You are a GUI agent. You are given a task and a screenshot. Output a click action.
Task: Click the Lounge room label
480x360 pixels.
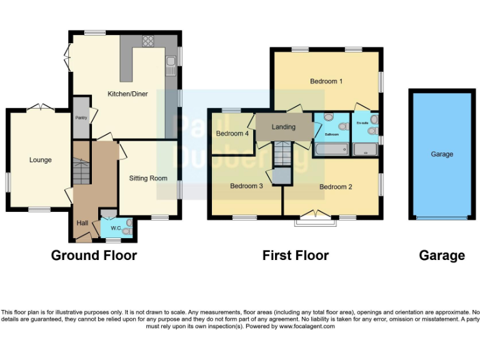click(x=40, y=160)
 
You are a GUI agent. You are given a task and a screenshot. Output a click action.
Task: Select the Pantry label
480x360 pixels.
click(x=81, y=117)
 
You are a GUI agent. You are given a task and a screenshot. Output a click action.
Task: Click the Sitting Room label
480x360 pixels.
click(x=148, y=178)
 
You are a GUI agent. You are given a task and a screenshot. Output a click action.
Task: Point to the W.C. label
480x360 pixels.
click(x=116, y=228)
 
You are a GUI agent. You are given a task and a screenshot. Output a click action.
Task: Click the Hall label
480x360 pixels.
click(x=82, y=222)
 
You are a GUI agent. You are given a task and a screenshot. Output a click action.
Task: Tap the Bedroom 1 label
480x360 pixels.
click(x=326, y=81)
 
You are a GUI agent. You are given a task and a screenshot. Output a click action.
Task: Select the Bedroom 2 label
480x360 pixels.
click(x=336, y=186)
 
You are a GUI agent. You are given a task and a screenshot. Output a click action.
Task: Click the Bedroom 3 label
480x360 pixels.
click(x=246, y=186)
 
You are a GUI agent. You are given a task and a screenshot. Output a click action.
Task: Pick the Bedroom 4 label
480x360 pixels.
click(x=232, y=134)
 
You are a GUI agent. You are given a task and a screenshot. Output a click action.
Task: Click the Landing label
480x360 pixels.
click(x=283, y=127)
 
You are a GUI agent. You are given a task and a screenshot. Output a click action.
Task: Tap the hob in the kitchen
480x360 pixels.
click(x=149, y=41)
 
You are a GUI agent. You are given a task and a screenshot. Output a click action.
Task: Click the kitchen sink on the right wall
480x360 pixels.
click(x=170, y=62)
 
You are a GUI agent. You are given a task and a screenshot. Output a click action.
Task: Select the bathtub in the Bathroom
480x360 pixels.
click(x=331, y=149)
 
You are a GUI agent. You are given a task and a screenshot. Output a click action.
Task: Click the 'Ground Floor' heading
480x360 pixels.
click(x=94, y=255)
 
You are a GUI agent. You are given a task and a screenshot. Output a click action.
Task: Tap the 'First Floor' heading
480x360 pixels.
click(x=295, y=255)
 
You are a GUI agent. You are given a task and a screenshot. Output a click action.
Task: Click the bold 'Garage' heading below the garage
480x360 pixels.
click(x=442, y=255)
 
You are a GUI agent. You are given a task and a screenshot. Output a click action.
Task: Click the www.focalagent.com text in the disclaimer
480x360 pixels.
click(x=306, y=326)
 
